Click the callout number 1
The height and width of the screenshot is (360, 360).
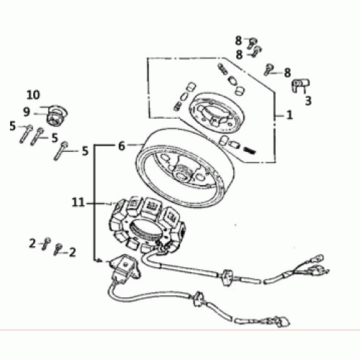[289, 115]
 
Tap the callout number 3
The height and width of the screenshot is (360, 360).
[308, 101]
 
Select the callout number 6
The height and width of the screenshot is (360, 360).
[122, 145]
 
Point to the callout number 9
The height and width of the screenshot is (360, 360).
[27, 112]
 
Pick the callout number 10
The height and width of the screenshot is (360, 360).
[33, 95]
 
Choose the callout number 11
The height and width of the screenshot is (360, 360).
[78, 203]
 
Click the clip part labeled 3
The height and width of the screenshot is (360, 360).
[300, 84]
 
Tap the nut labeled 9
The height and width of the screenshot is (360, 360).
[57, 115]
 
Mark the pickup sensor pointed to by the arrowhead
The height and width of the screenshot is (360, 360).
[125, 267]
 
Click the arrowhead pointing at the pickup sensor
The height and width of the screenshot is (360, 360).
[98, 261]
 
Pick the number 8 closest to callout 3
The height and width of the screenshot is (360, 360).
[287, 72]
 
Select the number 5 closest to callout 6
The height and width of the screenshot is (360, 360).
[85, 151]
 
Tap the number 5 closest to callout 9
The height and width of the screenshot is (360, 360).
[12, 126]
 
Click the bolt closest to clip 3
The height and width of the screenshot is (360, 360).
[267, 70]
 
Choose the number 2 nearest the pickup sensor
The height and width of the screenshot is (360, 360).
[72, 253]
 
